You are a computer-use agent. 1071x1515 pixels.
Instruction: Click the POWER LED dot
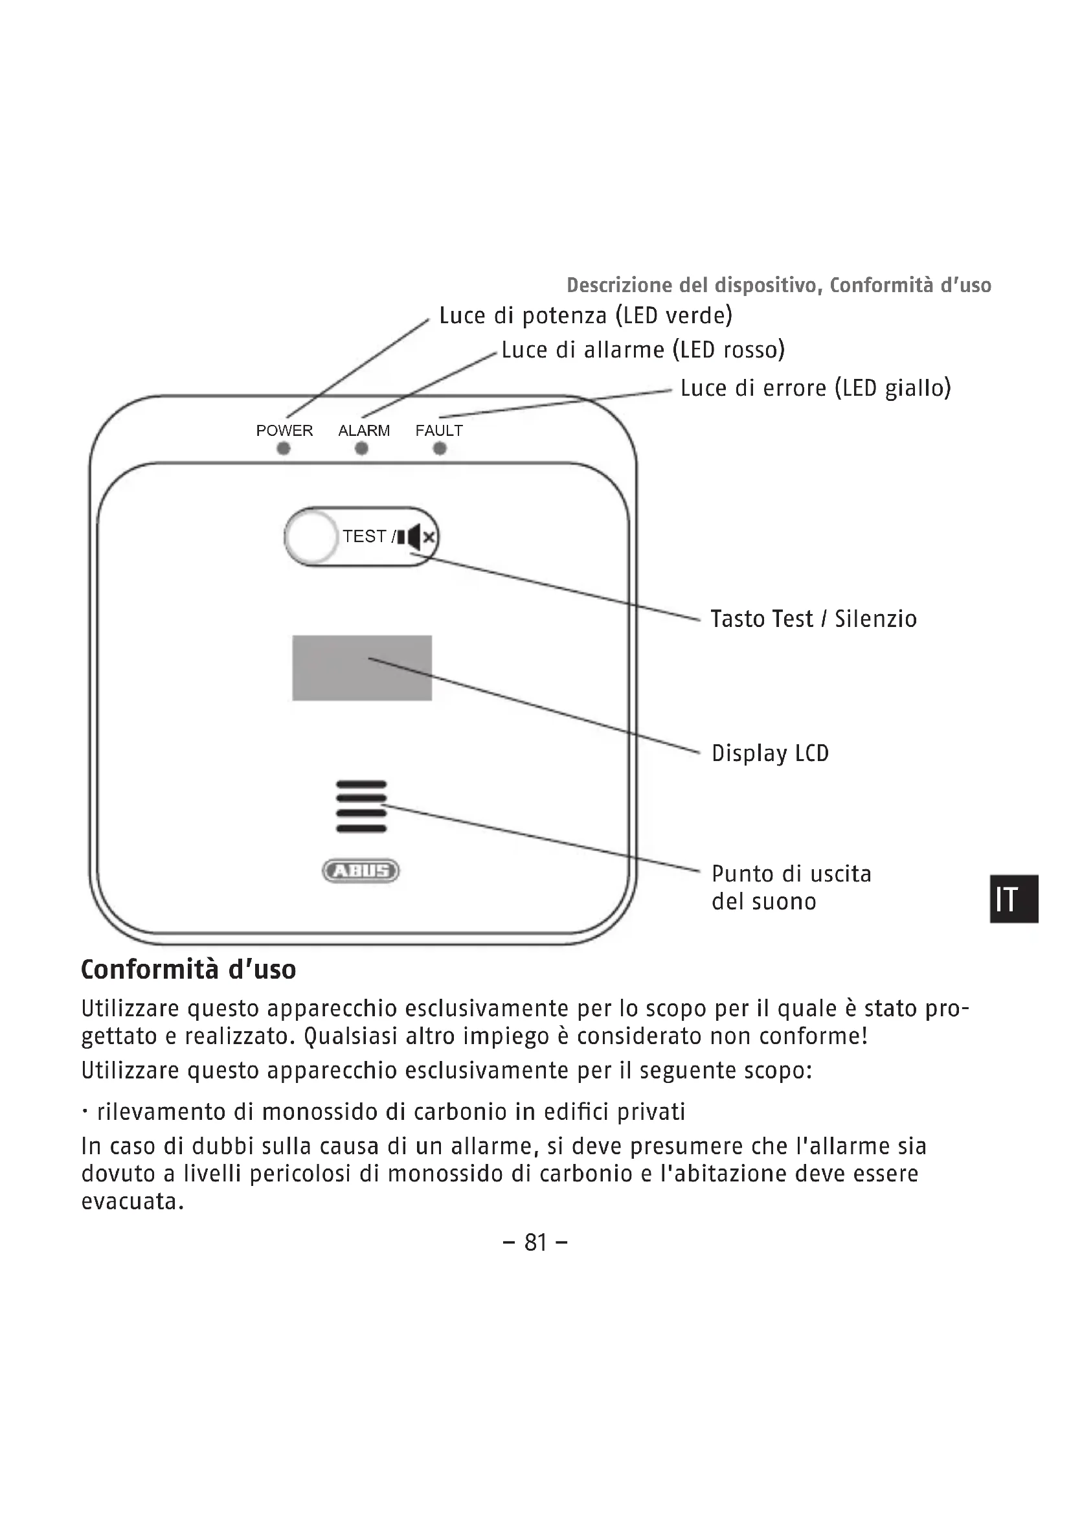(284, 449)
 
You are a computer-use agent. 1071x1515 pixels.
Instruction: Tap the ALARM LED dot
(361, 449)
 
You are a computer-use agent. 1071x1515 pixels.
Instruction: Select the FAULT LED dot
(440, 449)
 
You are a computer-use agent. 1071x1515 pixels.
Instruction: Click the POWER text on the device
(284, 430)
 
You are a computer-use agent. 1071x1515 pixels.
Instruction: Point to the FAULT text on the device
(439, 430)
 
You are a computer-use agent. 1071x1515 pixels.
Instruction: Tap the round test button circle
(312, 536)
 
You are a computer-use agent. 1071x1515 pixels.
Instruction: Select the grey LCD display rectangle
(362, 668)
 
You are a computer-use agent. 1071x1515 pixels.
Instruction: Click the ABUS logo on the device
(361, 871)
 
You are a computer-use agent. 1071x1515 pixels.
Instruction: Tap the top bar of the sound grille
(361, 784)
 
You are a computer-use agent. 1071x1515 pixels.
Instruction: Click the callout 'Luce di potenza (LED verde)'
(585, 315)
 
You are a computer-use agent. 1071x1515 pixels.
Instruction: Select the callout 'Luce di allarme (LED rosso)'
(643, 350)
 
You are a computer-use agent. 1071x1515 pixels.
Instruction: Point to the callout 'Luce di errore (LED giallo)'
(816, 388)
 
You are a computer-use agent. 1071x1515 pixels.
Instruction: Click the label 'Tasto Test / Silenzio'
(813, 619)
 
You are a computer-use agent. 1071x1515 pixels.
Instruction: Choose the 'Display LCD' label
(770, 753)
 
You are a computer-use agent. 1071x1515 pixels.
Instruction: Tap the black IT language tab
(1014, 899)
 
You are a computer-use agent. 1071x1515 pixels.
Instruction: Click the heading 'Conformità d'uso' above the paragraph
(188, 970)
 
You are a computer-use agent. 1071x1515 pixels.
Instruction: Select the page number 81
(535, 1242)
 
